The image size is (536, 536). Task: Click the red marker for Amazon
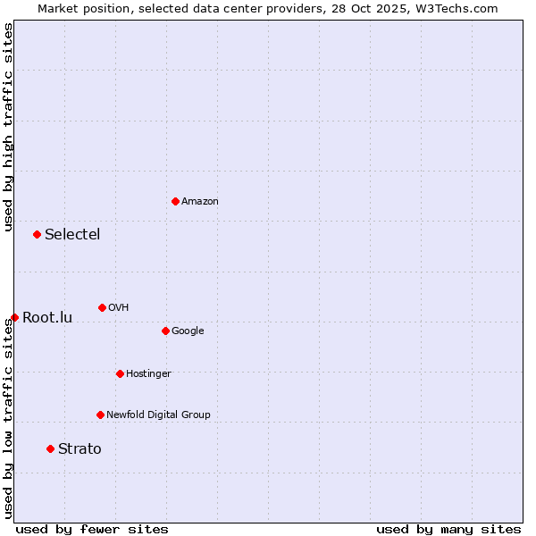[x=175, y=201]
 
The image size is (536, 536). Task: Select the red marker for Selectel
[x=37, y=234]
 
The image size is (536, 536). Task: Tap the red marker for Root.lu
[x=14, y=317]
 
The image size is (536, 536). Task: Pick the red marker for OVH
[x=102, y=307]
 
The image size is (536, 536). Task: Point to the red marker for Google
[x=165, y=331]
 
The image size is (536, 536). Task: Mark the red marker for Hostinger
[x=120, y=373]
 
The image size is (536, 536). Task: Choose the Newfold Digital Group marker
[x=100, y=415]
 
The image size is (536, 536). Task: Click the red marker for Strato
[x=50, y=448]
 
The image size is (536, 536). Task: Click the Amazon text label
[x=199, y=201]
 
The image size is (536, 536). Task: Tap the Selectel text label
[x=72, y=235]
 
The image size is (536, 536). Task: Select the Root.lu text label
[x=47, y=318]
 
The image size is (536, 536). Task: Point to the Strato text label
[x=80, y=449]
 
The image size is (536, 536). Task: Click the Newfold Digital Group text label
[x=158, y=415]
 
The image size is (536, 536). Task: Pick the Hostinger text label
[x=148, y=373]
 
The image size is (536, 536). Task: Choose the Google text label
[x=188, y=331]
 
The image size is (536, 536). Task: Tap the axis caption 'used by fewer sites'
[x=92, y=529]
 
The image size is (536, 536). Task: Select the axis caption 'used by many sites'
[x=448, y=529]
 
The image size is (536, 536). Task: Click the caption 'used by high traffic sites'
[x=8, y=127]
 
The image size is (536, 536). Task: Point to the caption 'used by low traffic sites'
[x=8, y=418]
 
